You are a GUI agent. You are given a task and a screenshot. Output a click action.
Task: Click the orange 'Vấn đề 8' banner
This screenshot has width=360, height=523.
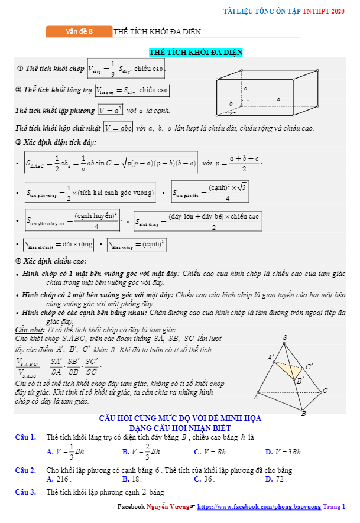click(79, 32)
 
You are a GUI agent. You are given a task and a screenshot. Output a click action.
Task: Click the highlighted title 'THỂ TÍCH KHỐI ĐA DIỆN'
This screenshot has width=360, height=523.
click(196, 53)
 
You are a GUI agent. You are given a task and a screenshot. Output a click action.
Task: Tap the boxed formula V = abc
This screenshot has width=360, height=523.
click(118, 128)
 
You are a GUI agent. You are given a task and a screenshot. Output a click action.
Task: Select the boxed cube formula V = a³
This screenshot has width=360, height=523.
click(110, 110)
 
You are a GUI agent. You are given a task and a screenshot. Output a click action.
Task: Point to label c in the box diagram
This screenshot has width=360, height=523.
click(245, 89)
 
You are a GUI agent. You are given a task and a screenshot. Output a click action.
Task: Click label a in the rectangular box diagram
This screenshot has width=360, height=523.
click(278, 99)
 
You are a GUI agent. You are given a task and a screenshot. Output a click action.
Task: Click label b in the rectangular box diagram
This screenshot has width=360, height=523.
click(231, 103)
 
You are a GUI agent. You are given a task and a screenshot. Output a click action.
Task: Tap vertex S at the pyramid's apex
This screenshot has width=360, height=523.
click(285, 338)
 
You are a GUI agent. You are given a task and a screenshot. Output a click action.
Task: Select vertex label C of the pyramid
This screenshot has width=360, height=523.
click(325, 391)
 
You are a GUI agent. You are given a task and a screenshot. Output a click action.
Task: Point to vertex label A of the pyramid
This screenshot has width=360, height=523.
click(256, 397)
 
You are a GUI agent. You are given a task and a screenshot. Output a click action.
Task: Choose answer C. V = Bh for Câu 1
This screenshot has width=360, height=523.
click(211, 452)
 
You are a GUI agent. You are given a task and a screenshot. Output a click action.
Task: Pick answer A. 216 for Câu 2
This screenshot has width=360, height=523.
click(59, 479)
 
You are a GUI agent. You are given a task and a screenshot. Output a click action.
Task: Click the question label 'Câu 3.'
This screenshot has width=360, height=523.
click(25, 492)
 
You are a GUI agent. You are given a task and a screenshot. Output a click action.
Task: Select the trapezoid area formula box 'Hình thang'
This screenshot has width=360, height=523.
click(198, 221)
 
